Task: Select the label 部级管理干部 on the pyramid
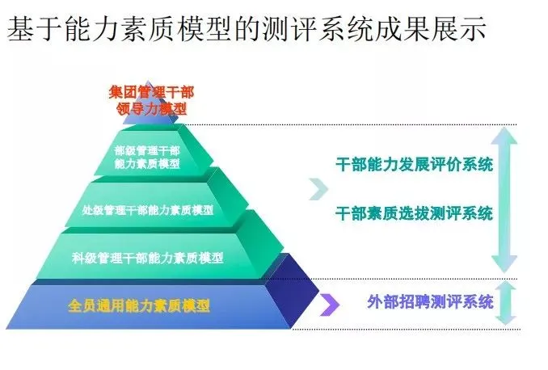click(x=147, y=149)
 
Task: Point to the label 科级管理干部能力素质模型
click(x=148, y=258)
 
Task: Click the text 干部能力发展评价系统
click(x=414, y=165)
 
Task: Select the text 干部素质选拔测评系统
click(x=414, y=213)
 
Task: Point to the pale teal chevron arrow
click(x=318, y=189)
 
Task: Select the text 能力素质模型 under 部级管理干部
click(x=147, y=163)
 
